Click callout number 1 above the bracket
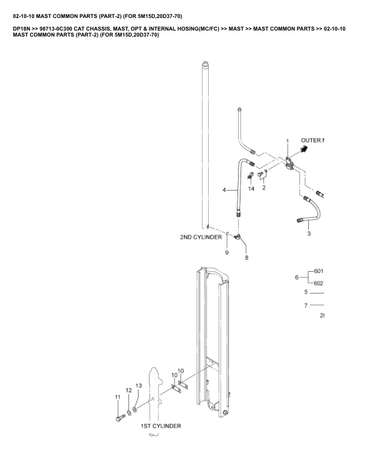[x=287, y=141]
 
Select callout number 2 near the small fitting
[x=264, y=188]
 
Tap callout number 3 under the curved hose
[x=309, y=234]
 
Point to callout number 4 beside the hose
[x=224, y=190]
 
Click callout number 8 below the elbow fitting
[x=246, y=257]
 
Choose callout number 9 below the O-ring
[x=227, y=252]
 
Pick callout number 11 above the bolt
[x=118, y=396]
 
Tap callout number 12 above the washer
[x=128, y=390]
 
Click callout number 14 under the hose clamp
[x=251, y=188]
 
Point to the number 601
[x=318, y=272]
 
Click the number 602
[x=318, y=284]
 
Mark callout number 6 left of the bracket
[x=296, y=278]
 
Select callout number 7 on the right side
[x=306, y=305]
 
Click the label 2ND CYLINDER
[x=201, y=237]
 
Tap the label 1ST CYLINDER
[x=161, y=426]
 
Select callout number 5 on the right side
[x=306, y=292]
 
